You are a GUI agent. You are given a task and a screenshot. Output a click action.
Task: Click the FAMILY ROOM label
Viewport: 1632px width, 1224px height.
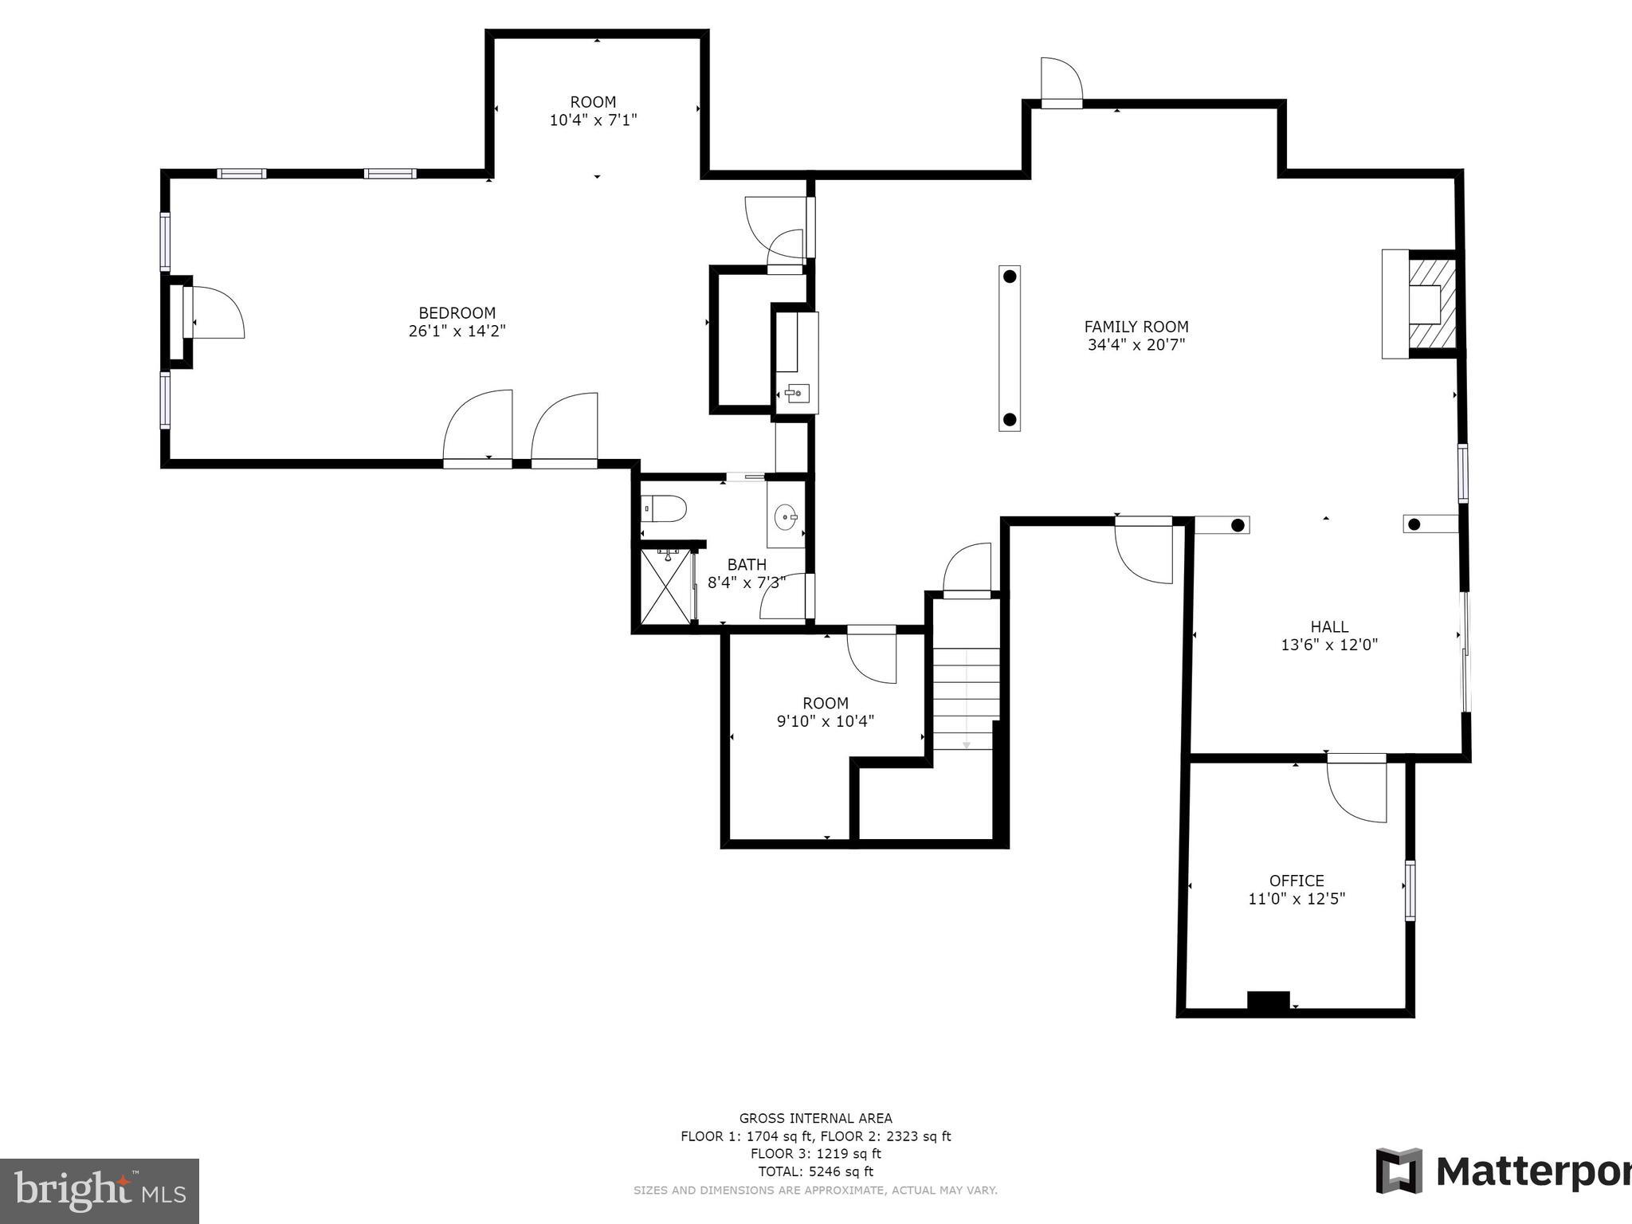pos(1136,327)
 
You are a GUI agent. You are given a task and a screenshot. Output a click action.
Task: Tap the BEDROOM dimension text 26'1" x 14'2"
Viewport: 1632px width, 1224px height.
pos(457,331)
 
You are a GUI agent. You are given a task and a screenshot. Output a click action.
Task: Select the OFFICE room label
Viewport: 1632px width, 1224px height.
pos(1297,881)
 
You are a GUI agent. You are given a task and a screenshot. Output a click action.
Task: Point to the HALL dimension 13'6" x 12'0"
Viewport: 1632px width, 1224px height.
pos(1329,645)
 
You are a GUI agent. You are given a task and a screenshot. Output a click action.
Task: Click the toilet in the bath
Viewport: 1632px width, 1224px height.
pos(665,508)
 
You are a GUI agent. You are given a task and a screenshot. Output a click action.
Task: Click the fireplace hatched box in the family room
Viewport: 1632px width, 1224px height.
pos(1433,304)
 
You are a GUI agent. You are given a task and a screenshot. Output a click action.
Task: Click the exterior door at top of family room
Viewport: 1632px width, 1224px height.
pos(1061,82)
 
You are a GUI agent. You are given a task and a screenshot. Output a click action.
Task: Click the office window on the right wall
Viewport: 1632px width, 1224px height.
pos(1410,890)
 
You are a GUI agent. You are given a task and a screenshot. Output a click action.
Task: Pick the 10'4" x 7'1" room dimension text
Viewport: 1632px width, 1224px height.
pos(593,120)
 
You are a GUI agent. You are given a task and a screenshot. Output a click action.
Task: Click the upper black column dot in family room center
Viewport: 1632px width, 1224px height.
pos(1010,277)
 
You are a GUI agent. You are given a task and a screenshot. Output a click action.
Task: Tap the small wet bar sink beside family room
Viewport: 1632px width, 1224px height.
pos(797,393)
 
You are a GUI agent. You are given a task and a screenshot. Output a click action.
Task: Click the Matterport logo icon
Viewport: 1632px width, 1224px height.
pos(1399,1171)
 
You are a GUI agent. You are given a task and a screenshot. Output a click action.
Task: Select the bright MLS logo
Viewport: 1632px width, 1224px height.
pos(100,1191)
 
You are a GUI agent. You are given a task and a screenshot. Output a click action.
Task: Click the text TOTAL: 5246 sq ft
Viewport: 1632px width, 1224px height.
pos(815,1171)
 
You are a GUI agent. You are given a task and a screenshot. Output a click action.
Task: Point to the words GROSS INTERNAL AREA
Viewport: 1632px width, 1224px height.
pos(815,1118)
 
